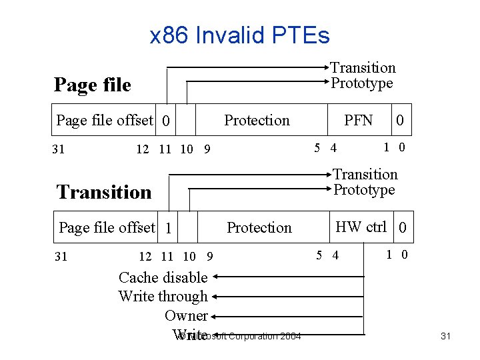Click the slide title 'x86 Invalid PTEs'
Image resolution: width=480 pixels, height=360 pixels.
coord(240,35)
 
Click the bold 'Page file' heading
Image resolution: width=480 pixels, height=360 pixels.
coord(93,85)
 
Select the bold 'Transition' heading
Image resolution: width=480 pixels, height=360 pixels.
coord(104,192)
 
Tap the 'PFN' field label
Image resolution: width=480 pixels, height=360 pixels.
coord(358,120)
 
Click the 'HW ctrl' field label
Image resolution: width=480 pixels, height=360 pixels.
coord(361,227)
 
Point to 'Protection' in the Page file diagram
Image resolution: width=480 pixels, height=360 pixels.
coord(257,120)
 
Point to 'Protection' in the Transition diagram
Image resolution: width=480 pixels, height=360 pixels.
coord(259,227)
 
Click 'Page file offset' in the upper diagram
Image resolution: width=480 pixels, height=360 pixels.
coord(105,120)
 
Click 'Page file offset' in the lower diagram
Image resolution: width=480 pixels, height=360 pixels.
coord(107,227)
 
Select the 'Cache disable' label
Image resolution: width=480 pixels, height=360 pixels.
coord(163,277)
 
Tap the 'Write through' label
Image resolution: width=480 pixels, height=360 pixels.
coord(163,296)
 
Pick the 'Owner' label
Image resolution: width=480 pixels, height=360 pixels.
coord(186,315)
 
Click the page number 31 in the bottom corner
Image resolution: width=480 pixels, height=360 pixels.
coord(446,336)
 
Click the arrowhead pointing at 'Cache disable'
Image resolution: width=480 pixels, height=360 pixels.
coord(217,277)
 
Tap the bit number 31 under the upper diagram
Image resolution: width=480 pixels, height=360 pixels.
coord(59,149)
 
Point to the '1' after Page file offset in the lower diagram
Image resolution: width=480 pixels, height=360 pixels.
coord(169,229)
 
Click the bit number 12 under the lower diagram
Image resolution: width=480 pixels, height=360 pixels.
coord(145,256)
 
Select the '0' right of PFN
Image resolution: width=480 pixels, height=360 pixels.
coord(399,121)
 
